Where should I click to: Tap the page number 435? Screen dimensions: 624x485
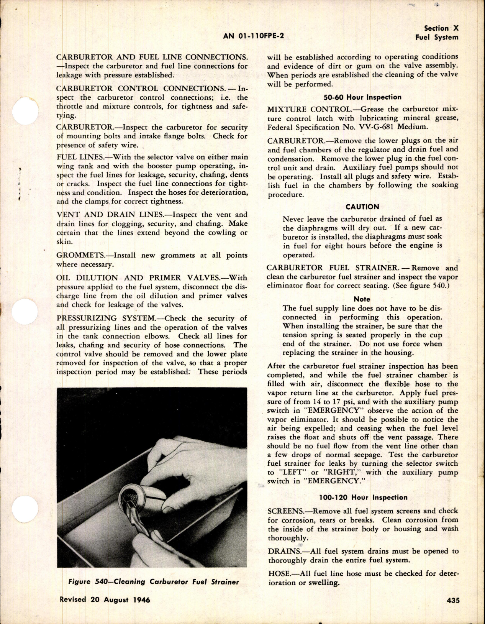tap(450, 601)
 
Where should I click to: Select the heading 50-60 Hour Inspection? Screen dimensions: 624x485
tap(362, 97)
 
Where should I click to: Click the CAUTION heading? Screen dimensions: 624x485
tap(362, 207)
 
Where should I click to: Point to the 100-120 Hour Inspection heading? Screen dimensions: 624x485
tap(362, 498)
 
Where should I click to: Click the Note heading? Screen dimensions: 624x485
tap(362, 299)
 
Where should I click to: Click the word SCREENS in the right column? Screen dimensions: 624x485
tap(283, 511)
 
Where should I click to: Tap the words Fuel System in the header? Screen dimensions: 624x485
tap(437, 37)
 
